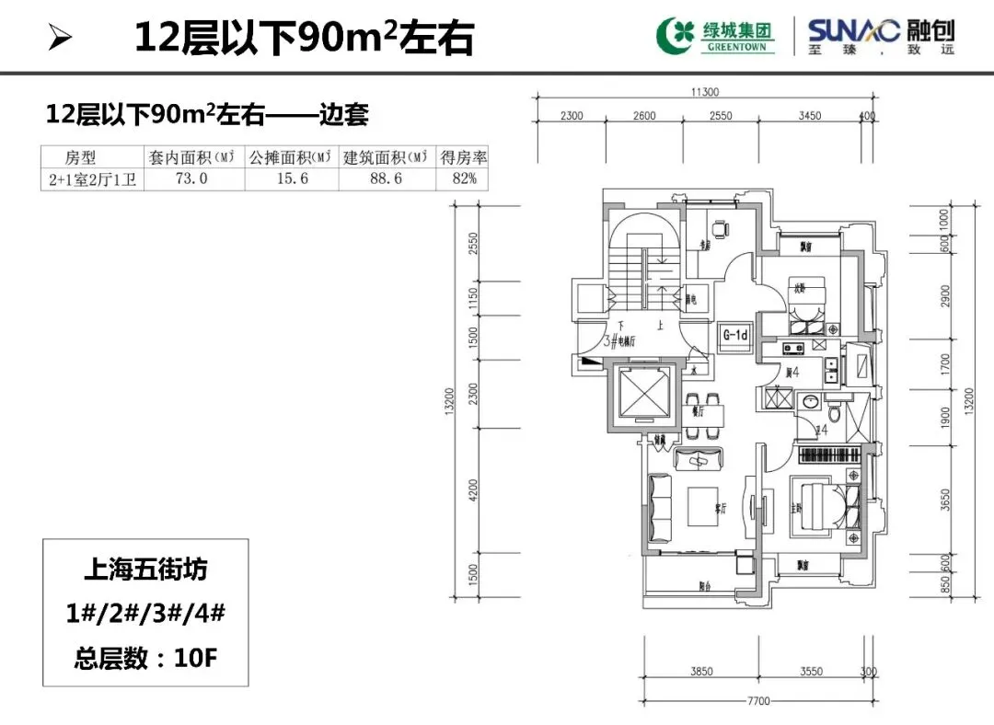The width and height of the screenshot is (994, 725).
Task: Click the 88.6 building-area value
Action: [386, 179]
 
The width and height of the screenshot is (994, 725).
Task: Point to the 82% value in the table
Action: [462, 179]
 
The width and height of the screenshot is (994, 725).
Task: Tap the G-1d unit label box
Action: [735, 335]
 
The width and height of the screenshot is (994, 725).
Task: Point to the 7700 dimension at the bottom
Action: [757, 701]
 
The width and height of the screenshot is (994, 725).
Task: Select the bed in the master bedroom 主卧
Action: [815, 504]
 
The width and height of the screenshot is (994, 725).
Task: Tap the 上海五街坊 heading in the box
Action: [145, 570]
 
